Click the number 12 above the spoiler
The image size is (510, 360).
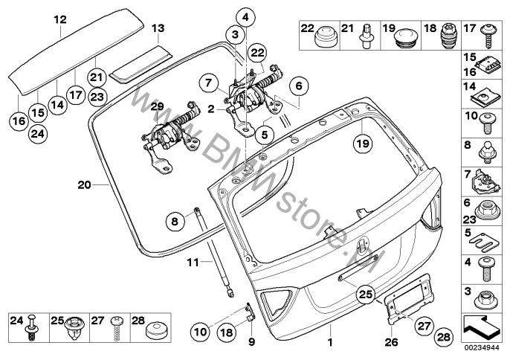pos(60,19)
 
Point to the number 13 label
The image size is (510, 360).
pos(158,28)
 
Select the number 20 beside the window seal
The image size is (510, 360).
pos(84,185)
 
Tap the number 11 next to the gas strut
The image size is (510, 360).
pos(193,262)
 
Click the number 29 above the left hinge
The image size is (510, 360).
pos(158,106)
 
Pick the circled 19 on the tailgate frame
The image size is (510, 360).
pos(363,144)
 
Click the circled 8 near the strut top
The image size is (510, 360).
pos(175,222)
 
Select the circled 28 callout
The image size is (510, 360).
pos(444,337)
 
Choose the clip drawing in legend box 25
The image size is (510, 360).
pos(75,329)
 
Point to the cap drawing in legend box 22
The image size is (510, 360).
pos(326,37)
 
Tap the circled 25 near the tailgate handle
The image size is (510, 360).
pos(365,295)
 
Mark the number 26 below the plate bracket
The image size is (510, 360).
pos(391,341)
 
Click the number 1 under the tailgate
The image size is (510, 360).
pos(330,342)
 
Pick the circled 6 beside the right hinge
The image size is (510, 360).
pos(299,86)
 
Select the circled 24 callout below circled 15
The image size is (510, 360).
pos(38,134)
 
